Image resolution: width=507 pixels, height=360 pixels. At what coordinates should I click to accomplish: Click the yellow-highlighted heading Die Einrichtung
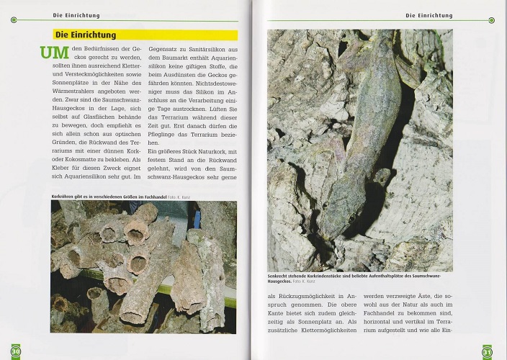tap(86, 35)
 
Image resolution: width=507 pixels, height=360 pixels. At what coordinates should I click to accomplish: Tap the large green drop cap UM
tap(55, 53)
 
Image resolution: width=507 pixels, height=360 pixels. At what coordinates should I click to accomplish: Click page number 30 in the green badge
tap(15, 352)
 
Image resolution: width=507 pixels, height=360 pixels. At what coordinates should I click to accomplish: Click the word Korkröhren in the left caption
tap(66, 196)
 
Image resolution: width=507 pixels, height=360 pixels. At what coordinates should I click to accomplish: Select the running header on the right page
tap(429, 14)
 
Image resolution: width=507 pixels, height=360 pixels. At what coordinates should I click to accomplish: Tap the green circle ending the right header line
tap(490, 20)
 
